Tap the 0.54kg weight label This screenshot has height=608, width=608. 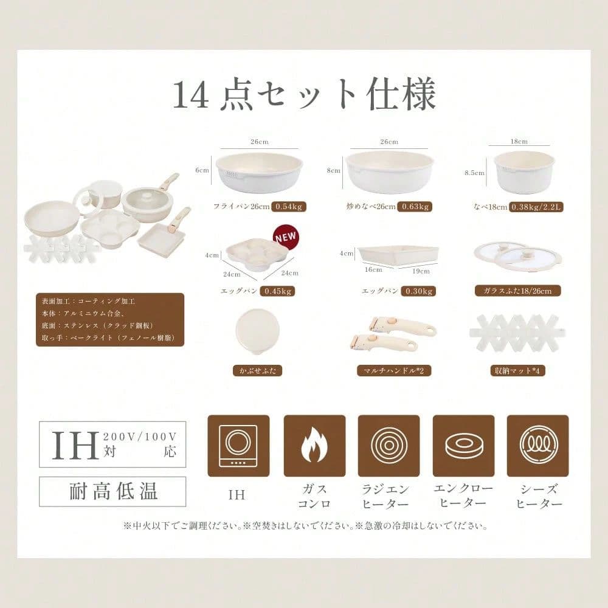coord(288,207)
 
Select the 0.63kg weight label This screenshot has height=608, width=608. coord(415,207)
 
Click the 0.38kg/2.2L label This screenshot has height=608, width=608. coord(536,207)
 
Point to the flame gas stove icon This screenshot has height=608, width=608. coord(314,446)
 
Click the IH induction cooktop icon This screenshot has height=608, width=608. coord(238,446)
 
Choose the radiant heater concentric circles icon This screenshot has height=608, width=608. coord(389,446)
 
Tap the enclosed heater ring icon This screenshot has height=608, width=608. coord(463,446)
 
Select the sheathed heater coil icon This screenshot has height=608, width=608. coord(538,446)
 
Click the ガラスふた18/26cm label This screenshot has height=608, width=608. coord(517,291)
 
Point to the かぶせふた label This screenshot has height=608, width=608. coord(257,371)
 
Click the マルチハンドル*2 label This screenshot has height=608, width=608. coord(394,371)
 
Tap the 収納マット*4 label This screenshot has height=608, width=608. coord(517,371)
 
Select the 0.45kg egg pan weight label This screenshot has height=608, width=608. coord(277,291)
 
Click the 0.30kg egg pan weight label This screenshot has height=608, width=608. coord(418,291)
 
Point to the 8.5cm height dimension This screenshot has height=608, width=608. coord(475,173)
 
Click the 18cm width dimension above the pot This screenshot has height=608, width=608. coord(519,142)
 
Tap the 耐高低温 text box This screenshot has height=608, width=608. coord(112,491)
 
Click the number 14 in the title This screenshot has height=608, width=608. coord(190,95)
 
